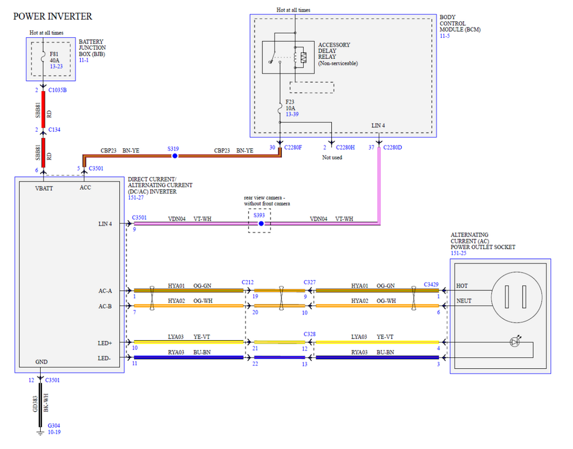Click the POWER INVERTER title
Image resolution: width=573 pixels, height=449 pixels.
click(53, 17)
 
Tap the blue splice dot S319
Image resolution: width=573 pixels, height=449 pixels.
click(175, 156)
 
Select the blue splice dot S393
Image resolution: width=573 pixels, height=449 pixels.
click(261, 223)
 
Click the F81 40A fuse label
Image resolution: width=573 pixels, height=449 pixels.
click(54, 57)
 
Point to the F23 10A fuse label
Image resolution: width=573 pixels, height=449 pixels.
click(290, 105)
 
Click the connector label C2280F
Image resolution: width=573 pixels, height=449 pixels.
click(293, 148)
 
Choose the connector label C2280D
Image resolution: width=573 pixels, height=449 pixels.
click(393, 148)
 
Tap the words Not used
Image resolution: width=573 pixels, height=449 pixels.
click(332, 157)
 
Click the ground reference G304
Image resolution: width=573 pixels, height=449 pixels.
click(54, 426)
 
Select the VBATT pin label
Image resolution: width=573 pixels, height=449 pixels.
click(44, 188)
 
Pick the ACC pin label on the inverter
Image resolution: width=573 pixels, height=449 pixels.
click(85, 188)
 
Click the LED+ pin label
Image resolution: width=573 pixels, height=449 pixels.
click(105, 344)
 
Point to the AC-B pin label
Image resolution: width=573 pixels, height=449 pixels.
click(105, 306)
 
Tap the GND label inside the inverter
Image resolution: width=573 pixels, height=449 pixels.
click(41, 362)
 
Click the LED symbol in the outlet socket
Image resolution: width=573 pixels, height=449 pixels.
click(515, 341)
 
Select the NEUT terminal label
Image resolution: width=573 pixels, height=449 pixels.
click(464, 301)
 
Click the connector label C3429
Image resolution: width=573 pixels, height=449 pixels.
click(431, 285)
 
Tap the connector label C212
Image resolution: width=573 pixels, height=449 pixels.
click(248, 282)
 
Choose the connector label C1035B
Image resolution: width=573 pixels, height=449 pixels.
click(57, 90)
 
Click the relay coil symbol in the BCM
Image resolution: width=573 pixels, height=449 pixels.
click(295, 57)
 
